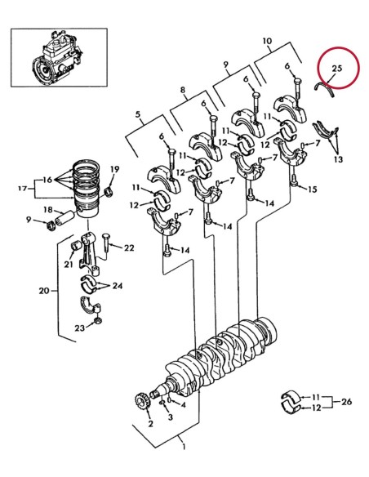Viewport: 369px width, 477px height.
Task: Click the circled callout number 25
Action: [x=336, y=60]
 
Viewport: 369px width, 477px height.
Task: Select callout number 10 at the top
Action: [x=266, y=40]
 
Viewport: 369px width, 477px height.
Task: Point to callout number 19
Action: [x=114, y=169]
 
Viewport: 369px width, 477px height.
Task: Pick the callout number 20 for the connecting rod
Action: [x=43, y=289]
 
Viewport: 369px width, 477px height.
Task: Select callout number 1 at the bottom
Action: [x=184, y=448]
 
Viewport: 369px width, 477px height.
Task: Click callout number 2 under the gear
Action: [x=149, y=424]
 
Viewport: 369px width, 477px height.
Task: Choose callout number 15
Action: [x=312, y=189]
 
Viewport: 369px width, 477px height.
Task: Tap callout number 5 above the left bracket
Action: [x=139, y=116]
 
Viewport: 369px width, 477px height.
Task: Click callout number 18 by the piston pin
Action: [x=47, y=209]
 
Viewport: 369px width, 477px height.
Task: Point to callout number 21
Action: [x=69, y=263]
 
